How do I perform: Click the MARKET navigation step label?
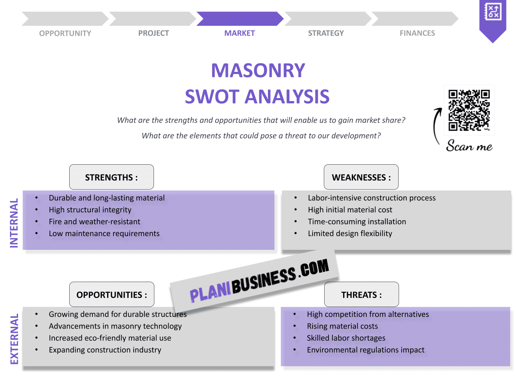point(240,33)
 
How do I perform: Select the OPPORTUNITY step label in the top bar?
point(65,33)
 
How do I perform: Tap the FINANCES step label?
point(417,33)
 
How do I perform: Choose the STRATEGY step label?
point(326,33)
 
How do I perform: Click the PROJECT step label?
point(154,33)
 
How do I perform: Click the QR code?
point(469,110)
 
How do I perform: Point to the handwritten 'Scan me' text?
point(469,146)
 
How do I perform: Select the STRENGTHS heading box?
point(111,177)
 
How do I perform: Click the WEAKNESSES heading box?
point(361,177)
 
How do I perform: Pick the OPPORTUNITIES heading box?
point(112,295)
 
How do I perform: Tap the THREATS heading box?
point(361,295)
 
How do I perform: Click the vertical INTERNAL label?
point(14,223)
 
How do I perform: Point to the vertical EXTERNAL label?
point(14,339)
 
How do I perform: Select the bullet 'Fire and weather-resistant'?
point(95,221)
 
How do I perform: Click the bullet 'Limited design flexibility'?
point(350,233)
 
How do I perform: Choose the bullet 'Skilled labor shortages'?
point(346,338)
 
